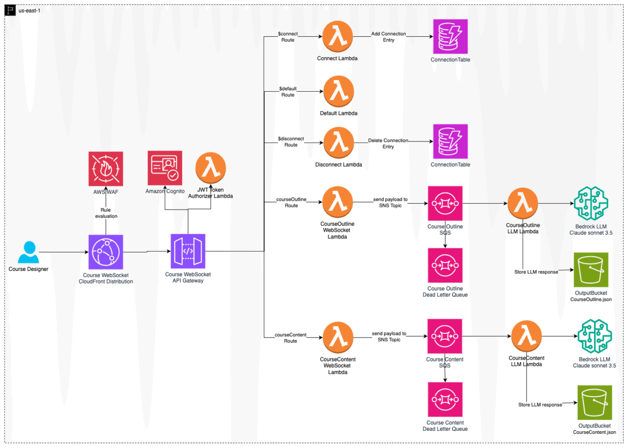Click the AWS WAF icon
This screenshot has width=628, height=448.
coord(106,169)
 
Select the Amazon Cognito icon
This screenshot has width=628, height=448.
coord(165,168)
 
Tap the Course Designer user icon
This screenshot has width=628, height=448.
coord(28,252)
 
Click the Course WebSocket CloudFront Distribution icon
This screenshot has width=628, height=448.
coord(106,252)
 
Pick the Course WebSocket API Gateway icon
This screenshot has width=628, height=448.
coord(188,251)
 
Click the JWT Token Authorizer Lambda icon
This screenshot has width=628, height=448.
coord(210,168)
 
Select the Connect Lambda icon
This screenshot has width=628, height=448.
coord(338,37)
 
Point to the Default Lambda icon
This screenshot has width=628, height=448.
coord(339,92)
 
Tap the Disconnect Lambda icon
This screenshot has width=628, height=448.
coord(339,143)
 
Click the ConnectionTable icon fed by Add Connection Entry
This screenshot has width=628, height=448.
coord(450,37)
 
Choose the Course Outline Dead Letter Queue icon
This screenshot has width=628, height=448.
coord(445,265)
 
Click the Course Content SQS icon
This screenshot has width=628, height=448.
coord(445,336)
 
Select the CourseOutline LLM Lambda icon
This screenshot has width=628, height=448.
coord(523,203)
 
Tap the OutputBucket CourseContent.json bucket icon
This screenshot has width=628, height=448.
coord(595,402)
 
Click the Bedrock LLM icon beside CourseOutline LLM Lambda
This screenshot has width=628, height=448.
coord(591,203)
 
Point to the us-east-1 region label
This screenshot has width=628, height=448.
coord(29,10)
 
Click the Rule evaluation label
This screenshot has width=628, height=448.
coord(106,213)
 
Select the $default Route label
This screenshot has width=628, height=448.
coord(288,92)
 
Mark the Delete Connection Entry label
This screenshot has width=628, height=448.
coord(388,144)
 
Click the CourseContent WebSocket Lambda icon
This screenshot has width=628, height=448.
coord(338,337)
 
